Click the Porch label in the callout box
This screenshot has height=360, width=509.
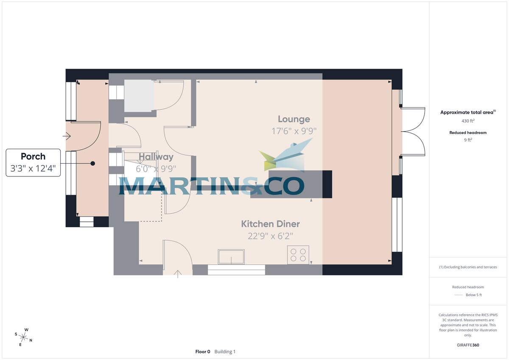(x=33, y=156)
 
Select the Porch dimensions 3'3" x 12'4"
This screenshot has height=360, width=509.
(x=33, y=169)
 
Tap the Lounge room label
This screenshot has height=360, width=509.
(x=294, y=119)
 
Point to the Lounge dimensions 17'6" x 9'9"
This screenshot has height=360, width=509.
(x=294, y=131)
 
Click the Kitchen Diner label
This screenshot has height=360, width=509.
(x=270, y=224)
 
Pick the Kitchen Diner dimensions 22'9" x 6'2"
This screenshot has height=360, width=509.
(x=270, y=236)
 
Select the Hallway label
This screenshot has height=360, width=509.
(x=156, y=157)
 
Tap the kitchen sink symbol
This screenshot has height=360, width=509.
(x=231, y=257)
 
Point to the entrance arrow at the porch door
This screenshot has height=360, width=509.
(x=67, y=136)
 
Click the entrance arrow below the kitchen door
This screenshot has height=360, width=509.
(x=178, y=273)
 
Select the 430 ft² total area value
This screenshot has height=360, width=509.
(x=468, y=121)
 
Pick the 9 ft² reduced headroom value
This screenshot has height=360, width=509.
(x=468, y=139)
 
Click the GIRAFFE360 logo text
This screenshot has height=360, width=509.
(x=468, y=345)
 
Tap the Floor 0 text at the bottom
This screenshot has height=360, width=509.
(x=203, y=352)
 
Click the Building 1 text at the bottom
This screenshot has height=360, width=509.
(x=225, y=352)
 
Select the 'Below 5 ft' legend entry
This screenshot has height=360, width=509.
(x=473, y=295)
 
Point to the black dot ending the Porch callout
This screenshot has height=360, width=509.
(x=92, y=163)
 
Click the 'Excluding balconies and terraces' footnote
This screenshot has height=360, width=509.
(x=468, y=267)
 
